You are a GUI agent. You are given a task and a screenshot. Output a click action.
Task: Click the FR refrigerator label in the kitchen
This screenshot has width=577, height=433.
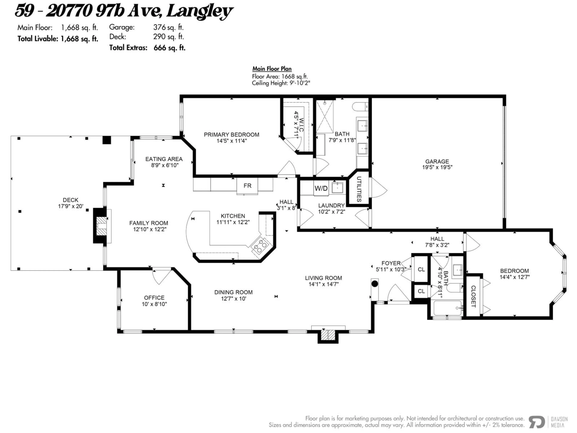point(247,186)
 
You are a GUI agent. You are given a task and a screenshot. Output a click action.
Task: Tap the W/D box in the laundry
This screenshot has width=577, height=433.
point(321,188)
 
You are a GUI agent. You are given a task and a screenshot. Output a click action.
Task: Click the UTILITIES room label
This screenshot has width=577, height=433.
point(359,189)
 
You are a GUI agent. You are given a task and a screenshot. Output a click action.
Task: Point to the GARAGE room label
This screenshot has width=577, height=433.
point(437,162)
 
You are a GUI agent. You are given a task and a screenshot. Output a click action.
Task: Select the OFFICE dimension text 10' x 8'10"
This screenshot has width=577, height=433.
point(154,304)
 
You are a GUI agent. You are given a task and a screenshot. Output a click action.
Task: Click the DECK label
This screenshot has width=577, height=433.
point(70,200)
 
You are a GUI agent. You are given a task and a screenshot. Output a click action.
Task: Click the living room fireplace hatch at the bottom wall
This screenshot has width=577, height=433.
point(328,335)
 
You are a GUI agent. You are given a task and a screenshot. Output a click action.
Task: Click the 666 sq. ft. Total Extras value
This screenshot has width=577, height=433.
point(169,48)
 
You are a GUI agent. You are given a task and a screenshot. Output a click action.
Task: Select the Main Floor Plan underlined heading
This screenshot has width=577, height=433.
point(272,69)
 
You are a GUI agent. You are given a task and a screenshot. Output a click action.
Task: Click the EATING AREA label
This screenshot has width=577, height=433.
point(164,159)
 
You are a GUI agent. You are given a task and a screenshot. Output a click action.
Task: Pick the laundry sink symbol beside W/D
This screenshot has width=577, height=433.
point(337,187)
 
